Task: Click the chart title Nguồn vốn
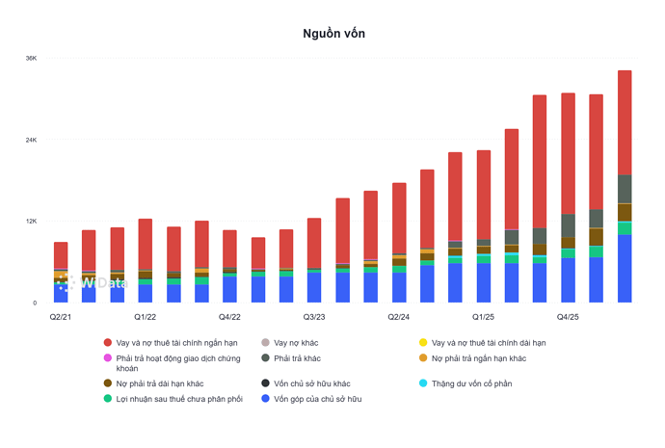tap(333, 34)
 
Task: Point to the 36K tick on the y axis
tap(32, 58)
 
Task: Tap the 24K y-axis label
tap(32, 140)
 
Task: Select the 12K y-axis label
tap(32, 222)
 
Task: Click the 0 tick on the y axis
tap(35, 303)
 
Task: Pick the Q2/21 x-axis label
tap(61, 317)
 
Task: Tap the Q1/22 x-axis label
tap(145, 317)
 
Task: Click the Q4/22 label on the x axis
tap(229, 317)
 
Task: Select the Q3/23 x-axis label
tap(314, 317)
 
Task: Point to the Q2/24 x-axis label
tap(399, 317)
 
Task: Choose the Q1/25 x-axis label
tap(483, 317)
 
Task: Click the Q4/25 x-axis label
tap(568, 317)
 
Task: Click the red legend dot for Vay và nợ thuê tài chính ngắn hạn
tap(108, 342)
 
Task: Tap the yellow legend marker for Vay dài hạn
tap(423, 342)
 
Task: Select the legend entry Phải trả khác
tap(297, 358)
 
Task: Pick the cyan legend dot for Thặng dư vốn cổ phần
tap(423, 383)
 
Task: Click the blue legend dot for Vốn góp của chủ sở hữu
tap(265, 399)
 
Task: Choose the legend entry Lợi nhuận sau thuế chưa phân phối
tap(179, 399)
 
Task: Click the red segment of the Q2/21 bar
tap(61, 255)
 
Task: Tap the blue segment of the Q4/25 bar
tap(568, 280)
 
